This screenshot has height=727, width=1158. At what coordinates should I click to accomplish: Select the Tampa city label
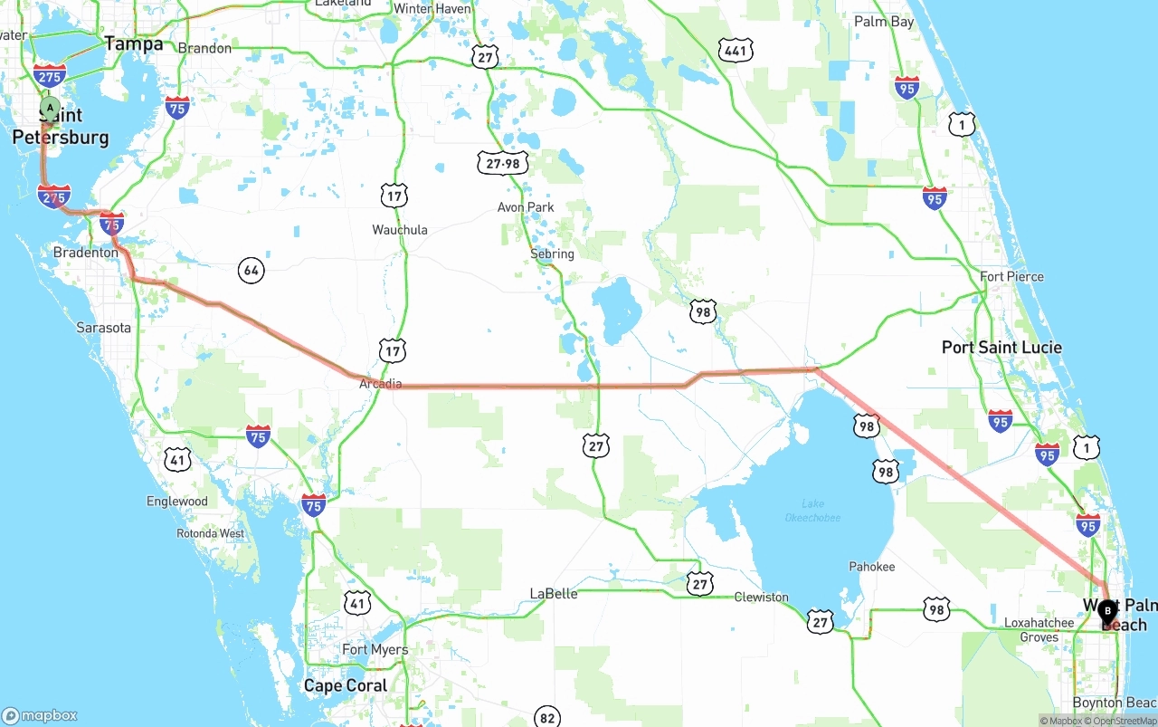pos(134,43)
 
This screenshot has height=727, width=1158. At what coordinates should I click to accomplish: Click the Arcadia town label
pos(380,384)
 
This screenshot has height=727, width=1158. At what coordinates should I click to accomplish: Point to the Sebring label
pos(552,253)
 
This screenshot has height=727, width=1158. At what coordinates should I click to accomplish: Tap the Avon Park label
pos(526,207)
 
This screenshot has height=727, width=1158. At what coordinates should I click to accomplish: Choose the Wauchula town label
pos(400,230)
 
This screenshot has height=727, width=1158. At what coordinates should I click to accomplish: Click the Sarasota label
pos(103,328)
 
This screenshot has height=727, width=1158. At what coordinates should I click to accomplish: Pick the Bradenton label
pos(86,253)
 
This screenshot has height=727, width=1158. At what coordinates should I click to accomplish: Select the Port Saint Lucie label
pos(1001,348)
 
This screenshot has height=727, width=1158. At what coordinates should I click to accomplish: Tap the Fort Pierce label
pos(1011,277)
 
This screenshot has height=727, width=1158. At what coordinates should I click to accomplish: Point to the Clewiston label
pos(761,598)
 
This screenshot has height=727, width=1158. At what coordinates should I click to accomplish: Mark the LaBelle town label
pos(554,594)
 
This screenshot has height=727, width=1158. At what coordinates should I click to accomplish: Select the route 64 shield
pos(252,270)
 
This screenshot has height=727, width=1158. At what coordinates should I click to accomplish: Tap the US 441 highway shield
pos(736,51)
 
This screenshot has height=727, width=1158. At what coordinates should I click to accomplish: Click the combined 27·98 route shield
pos(503,163)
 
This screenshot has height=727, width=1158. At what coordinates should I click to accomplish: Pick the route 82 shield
pos(547,717)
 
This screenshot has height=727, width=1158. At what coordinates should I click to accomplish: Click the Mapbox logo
pos(40,715)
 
